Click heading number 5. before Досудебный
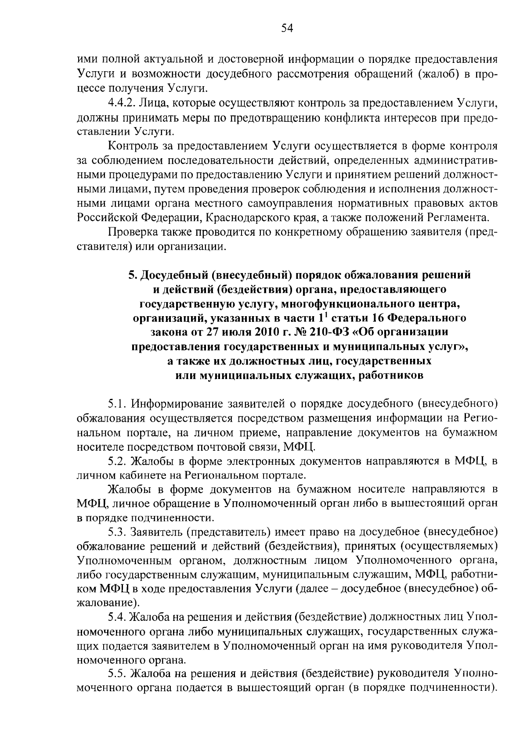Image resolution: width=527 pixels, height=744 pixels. pos(132,275)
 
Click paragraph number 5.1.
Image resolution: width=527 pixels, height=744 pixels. pos(118,404)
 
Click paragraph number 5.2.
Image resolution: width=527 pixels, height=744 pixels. pos(118,461)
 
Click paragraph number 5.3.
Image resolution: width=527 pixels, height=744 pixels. pos(118,532)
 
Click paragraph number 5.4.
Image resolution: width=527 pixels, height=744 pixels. pos(118,617)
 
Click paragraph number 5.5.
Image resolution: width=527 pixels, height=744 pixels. pos(118,674)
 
